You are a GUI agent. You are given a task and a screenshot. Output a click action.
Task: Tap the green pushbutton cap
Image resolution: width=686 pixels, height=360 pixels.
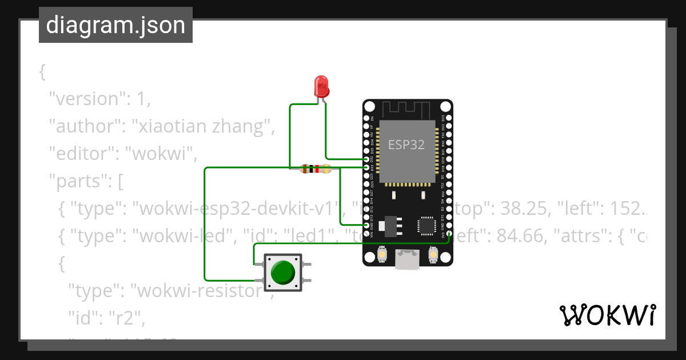pos(282,272)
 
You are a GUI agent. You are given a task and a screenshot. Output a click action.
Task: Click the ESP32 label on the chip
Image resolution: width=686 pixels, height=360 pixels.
pos(406,145)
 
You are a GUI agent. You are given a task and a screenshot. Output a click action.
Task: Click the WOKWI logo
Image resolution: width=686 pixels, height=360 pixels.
pos(607,315)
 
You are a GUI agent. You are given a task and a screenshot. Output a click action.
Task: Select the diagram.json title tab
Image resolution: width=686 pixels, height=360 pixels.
pos(115,25)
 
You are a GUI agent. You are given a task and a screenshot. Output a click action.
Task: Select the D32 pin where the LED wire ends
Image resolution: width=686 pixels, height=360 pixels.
pos(366,159)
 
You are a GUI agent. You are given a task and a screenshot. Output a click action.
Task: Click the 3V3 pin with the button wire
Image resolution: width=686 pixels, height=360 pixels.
pos(449,233)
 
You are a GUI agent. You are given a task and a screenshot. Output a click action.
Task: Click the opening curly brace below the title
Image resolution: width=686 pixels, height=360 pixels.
pos(42,72)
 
